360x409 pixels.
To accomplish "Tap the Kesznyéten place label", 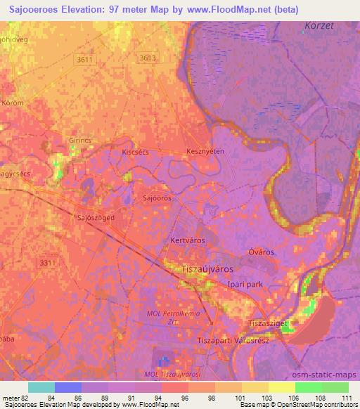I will pos(205,151).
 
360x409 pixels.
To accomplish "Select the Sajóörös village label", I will pos(157,198).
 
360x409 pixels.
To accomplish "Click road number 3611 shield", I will pos(85,60).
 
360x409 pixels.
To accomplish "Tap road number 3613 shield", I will pos(148,58).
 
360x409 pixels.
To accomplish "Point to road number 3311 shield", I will pos(48,262).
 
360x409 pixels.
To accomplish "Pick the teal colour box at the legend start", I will pos(41,387).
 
